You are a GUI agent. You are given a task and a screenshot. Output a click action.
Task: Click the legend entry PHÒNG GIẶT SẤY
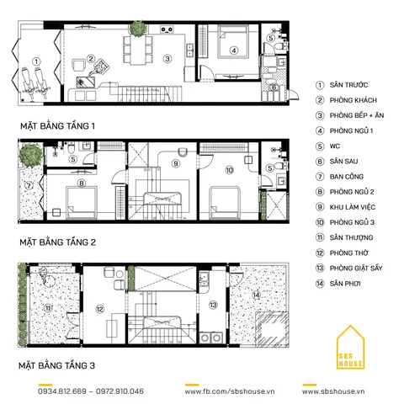(359, 268)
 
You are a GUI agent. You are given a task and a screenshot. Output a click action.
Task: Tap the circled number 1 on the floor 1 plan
(36, 61)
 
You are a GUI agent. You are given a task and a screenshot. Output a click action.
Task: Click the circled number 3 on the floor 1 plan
(167, 58)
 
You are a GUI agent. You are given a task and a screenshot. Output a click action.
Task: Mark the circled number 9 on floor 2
(176, 163)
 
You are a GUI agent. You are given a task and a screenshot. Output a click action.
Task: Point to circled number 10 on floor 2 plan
(229, 169)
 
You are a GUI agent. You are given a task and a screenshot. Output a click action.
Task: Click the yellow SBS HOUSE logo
(351, 353)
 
